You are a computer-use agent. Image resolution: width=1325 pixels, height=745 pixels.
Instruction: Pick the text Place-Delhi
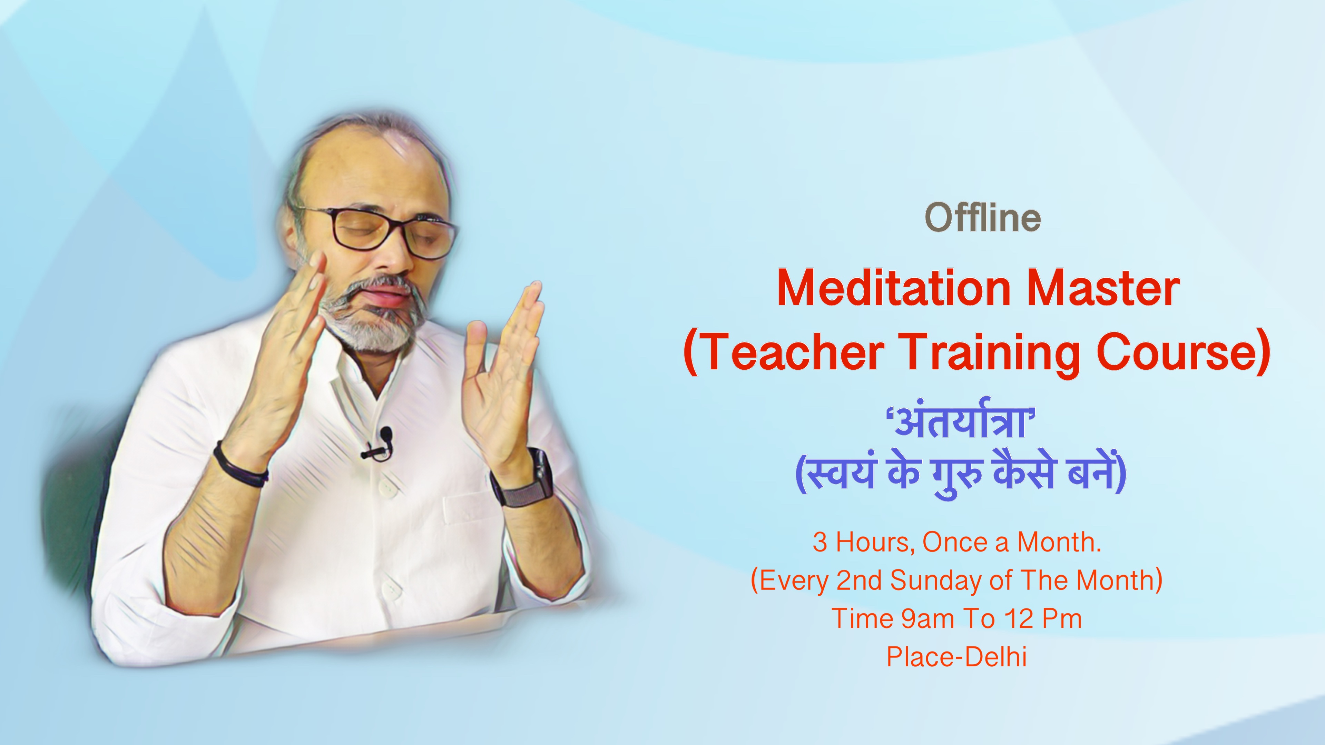957,657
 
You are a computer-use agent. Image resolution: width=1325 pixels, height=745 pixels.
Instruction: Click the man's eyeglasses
375,231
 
